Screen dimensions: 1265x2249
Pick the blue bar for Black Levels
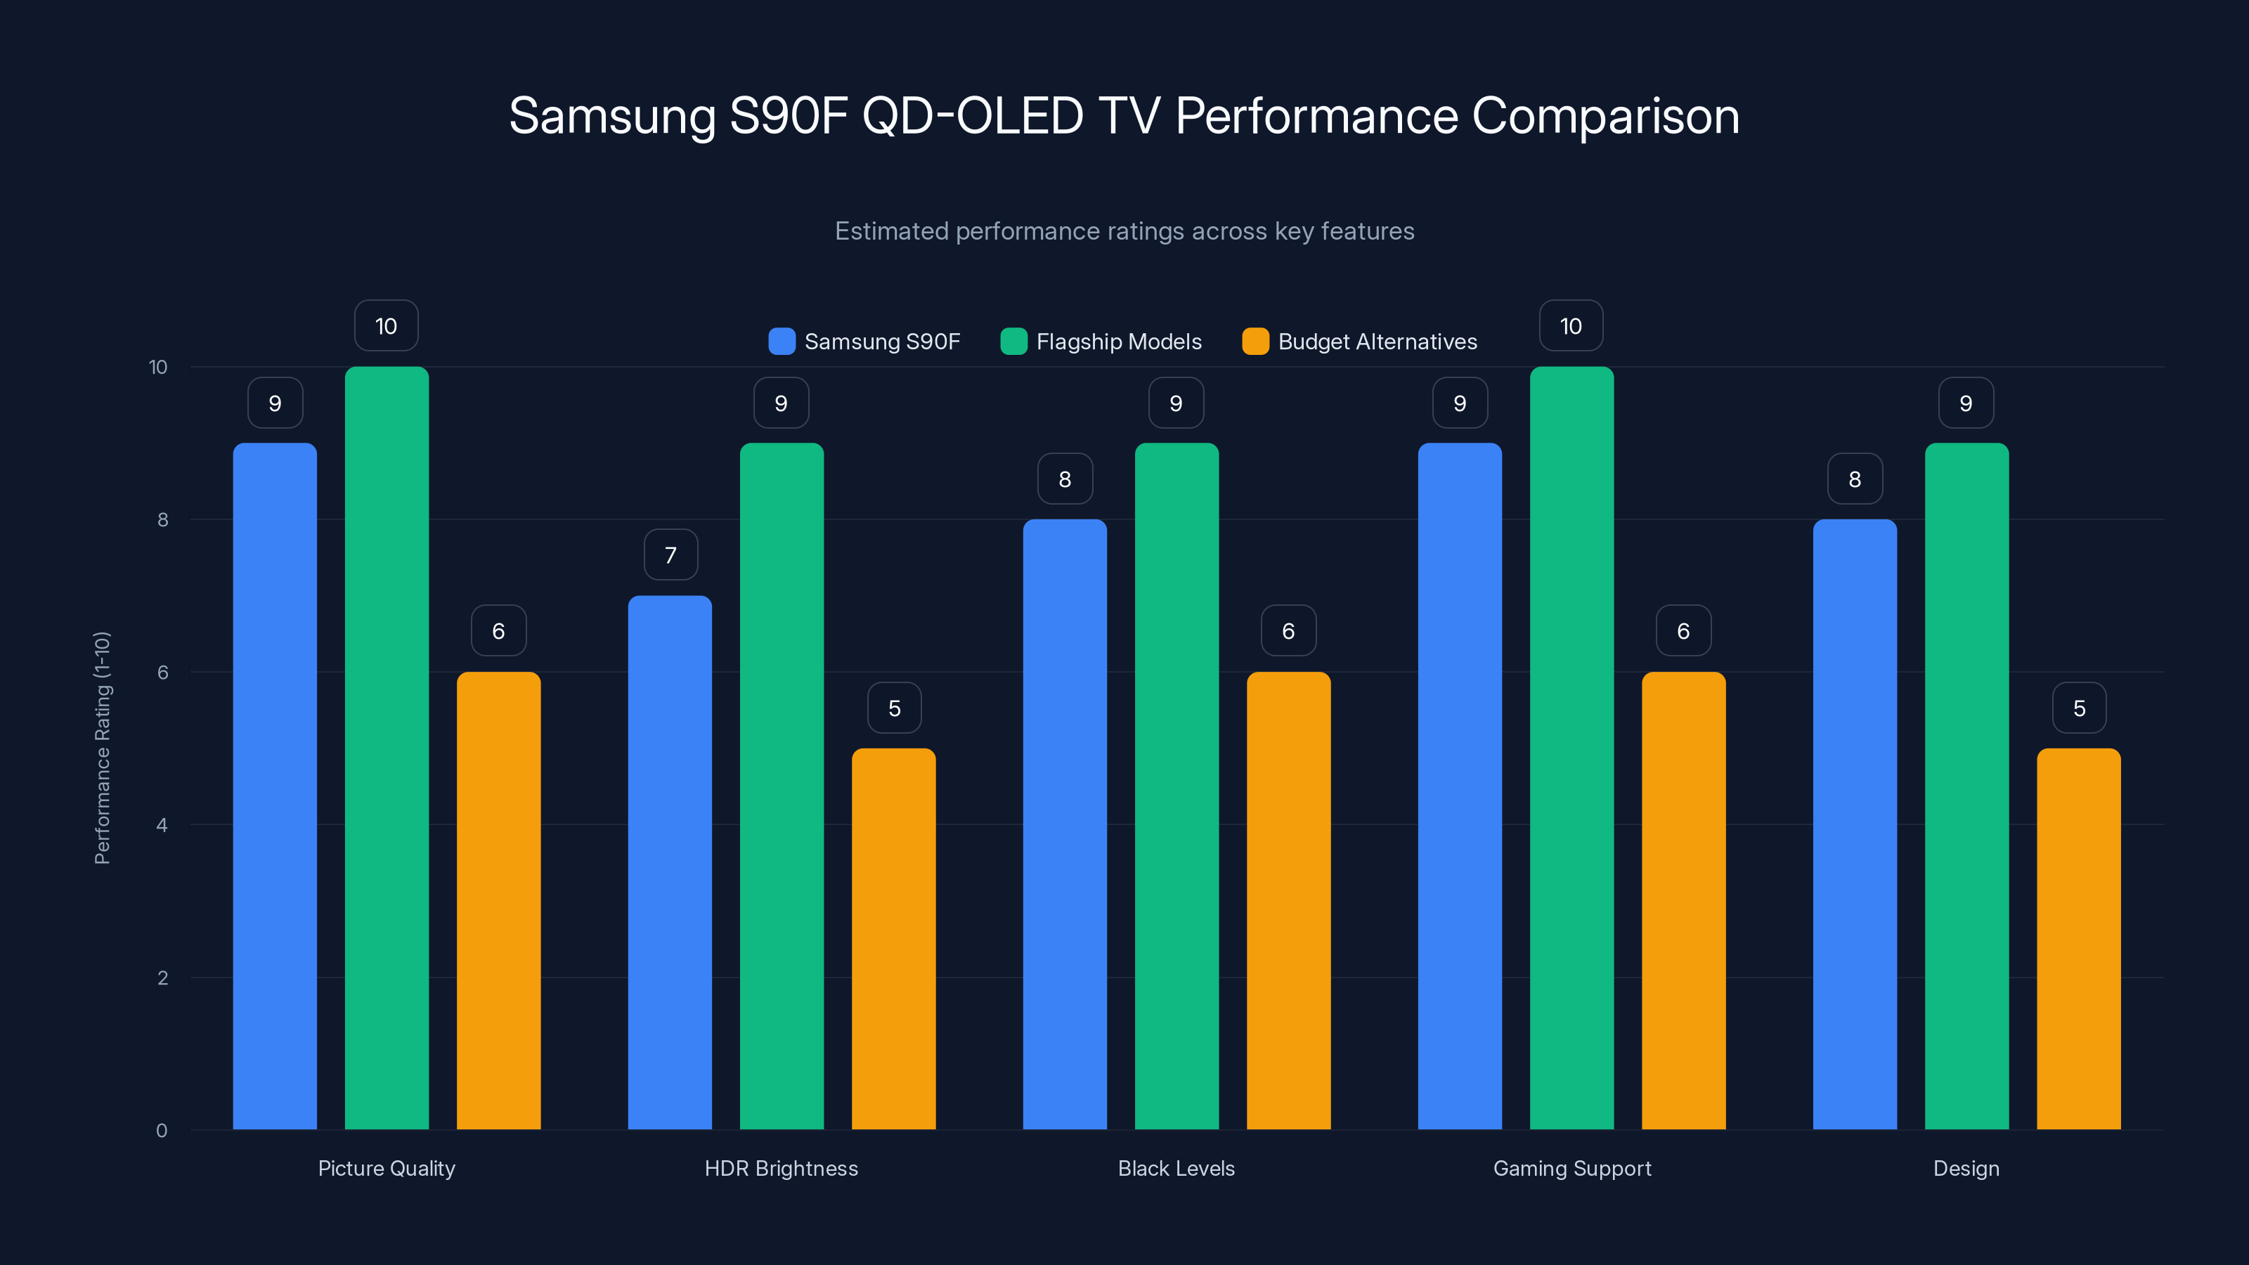[x=1064, y=824]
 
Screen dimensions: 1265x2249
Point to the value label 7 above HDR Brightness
[x=670, y=555]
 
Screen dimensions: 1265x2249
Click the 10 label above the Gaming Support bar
[x=1571, y=327]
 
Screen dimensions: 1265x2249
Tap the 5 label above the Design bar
[x=2079, y=708]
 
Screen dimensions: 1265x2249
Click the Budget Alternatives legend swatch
[x=1255, y=342]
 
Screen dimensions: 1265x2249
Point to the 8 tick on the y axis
[x=162, y=520]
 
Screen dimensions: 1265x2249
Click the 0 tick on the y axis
[x=162, y=1131]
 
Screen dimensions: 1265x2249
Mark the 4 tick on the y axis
[x=162, y=825]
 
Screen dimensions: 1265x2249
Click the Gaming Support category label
[x=1571, y=1168]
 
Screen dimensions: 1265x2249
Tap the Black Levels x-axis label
[x=1176, y=1168]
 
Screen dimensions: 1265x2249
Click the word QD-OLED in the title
[x=973, y=116]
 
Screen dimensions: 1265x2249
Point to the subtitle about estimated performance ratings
[x=1124, y=231]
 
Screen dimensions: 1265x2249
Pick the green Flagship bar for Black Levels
[x=1176, y=786]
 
